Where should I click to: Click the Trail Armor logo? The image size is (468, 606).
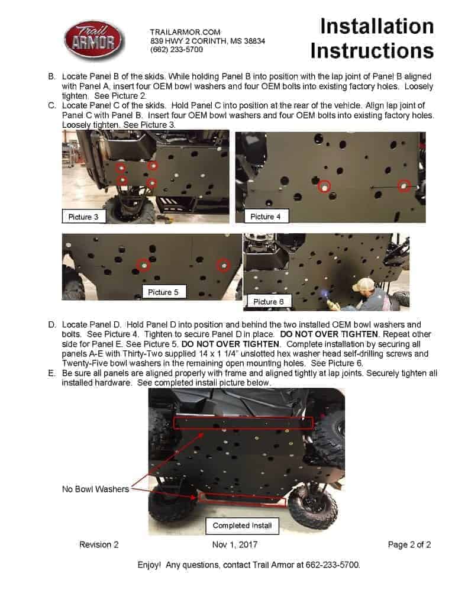point(94,40)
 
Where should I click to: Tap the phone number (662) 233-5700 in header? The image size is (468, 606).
point(177,50)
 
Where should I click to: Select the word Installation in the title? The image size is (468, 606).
point(377,26)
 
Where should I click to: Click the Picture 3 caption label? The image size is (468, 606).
point(84,217)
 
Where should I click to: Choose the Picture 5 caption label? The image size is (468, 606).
point(163,292)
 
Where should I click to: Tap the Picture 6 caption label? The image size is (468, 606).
point(269,302)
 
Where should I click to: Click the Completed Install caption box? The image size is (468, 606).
point(242,526)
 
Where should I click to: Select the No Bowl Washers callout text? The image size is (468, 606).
point(95,489)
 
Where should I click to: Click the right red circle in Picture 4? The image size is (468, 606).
point(404,186)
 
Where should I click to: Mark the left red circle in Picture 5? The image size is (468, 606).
point(143,265)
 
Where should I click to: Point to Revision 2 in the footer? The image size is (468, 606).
point(99,544)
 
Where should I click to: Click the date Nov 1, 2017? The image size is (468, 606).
point(234,544)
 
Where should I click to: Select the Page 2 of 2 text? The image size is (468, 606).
point(409,544)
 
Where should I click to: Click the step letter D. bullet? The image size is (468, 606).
point(52,325)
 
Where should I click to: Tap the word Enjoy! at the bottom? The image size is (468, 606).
point(149,565)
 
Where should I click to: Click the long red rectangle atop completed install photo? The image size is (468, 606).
point(243,422)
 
